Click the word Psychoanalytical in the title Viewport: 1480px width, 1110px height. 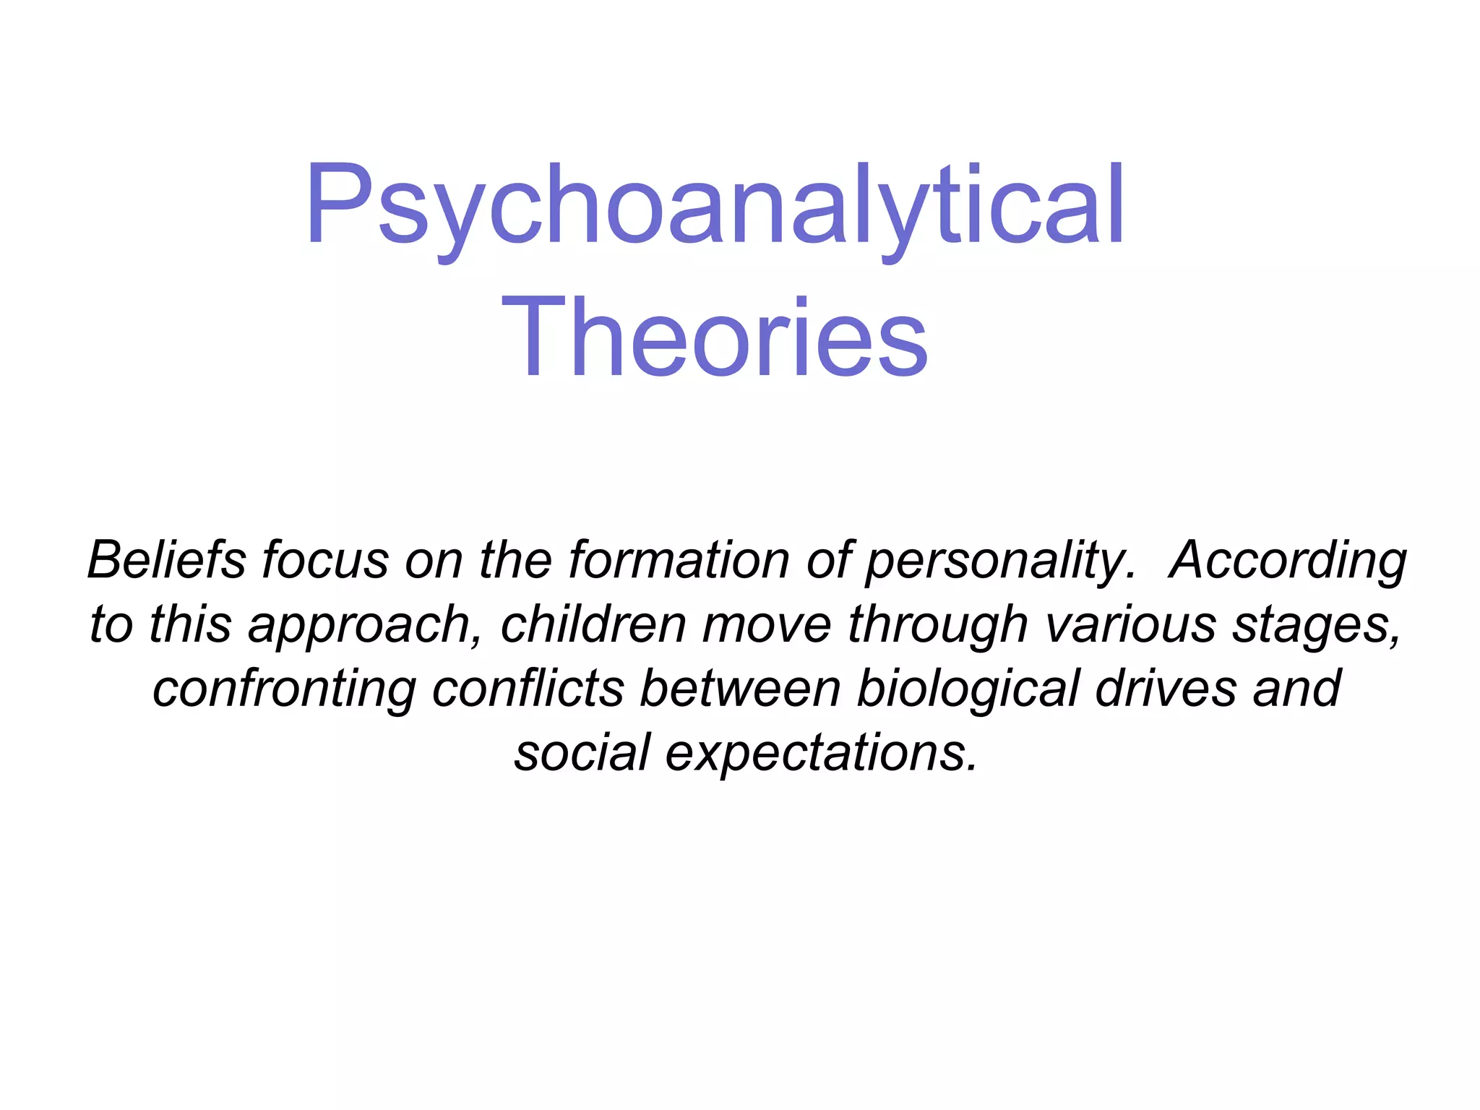point(714,206)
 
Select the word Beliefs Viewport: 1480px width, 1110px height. point(166,560)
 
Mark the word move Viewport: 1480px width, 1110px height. point(767,625)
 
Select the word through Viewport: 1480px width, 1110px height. point(937,626)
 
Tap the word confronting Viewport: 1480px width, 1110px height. point(284,689)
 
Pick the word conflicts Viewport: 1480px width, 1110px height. point(528,688)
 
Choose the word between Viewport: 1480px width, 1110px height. point(740,688)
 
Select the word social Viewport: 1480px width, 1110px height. point(582,752)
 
